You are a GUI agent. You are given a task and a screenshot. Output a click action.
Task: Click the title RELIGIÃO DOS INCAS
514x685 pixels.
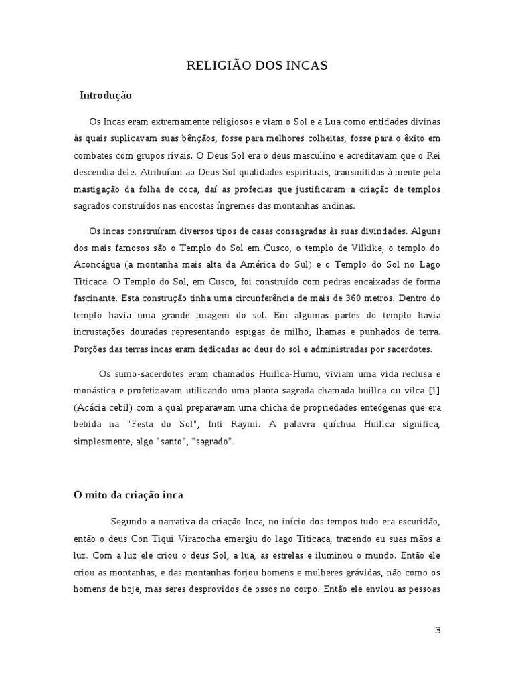click(256, 65)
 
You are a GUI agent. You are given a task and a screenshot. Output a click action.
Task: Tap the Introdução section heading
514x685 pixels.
click(106, 96)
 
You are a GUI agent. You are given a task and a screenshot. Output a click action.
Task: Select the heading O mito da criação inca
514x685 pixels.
click(128, 496)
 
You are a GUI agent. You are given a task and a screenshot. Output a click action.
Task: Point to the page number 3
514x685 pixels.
click(438, 630)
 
